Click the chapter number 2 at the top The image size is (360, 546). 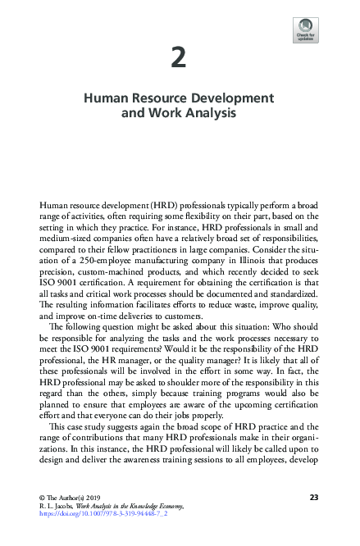(180, 57)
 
